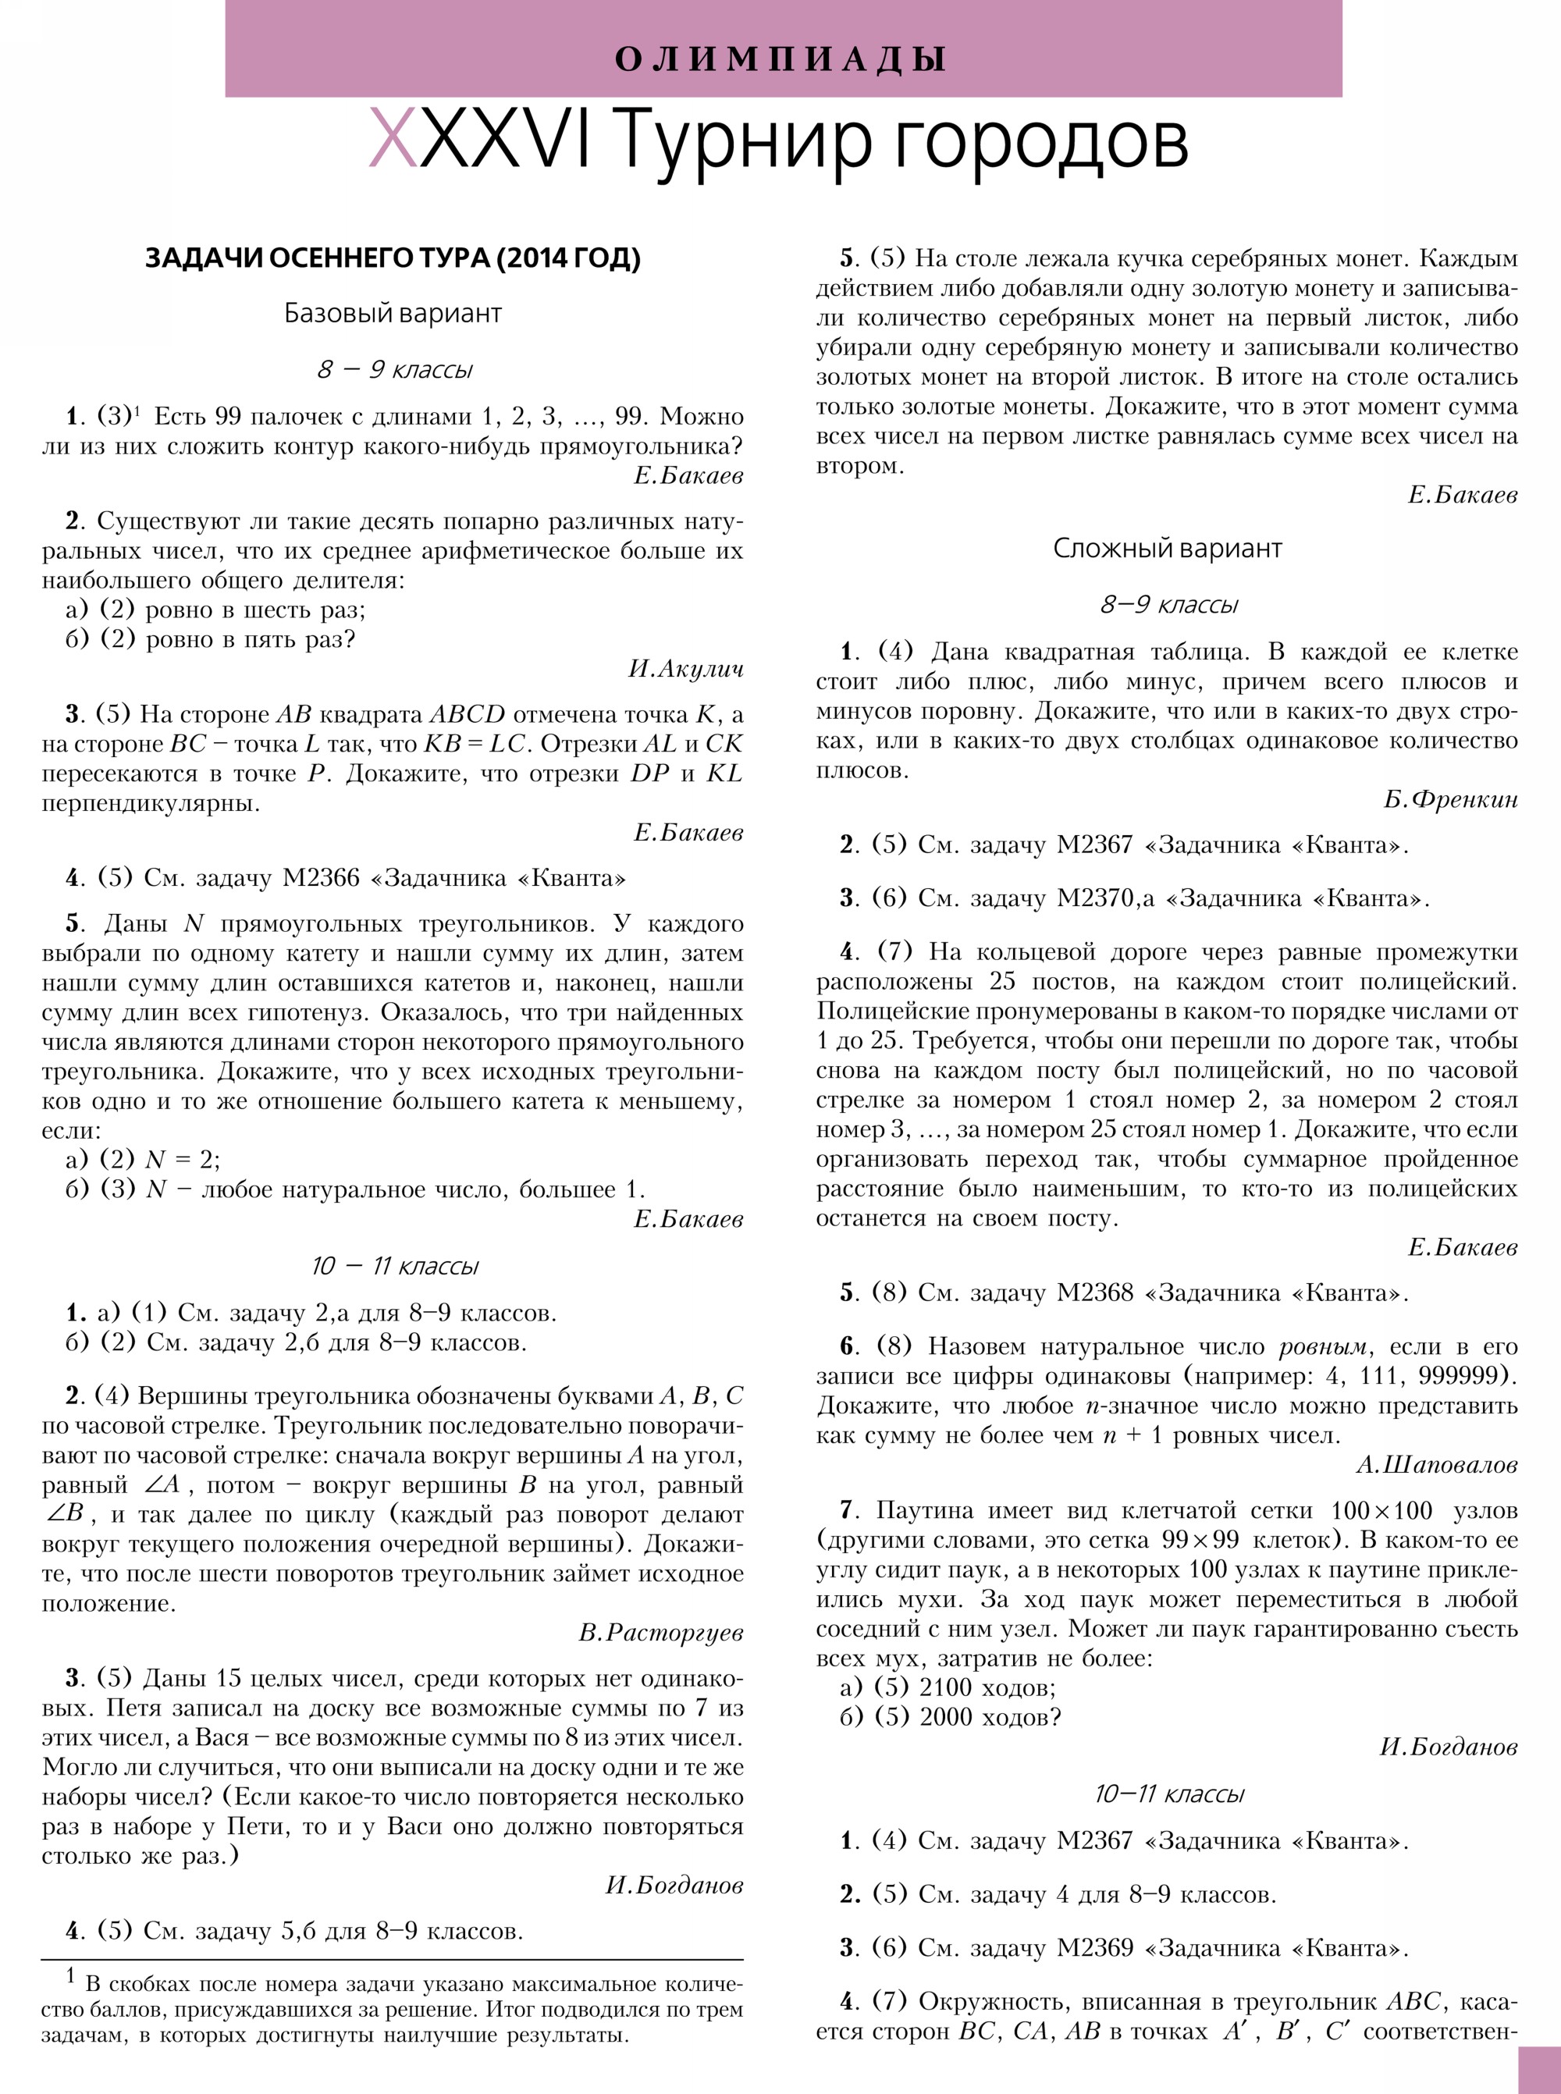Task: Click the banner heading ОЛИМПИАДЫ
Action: [780, 59]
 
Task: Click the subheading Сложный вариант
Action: [1167, 548]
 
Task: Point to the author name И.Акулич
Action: [685, 669]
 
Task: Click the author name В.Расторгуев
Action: [660, 1633]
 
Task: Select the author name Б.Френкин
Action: [1450, 799]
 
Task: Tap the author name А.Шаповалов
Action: [1436, 1465]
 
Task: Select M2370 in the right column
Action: [1096, 898]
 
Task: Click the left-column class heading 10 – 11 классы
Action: [394, 1266]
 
